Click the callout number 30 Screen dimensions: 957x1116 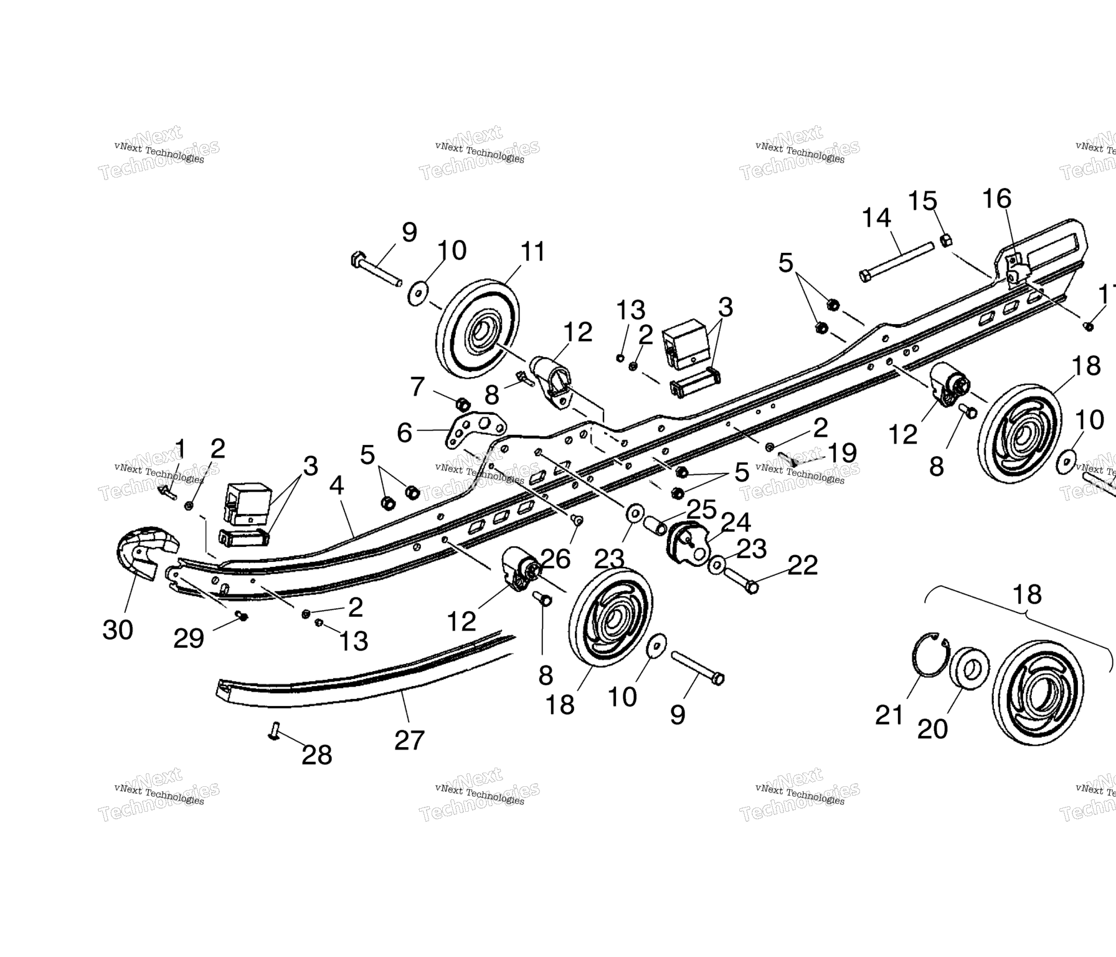coord(118,630)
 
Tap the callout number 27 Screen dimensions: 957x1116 coord(409,740)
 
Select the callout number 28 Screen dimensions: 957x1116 coord(316,755)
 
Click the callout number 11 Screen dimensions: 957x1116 coord(532,252)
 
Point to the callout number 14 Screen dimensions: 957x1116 coord(876,218)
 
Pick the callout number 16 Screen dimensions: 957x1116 coord(996,199)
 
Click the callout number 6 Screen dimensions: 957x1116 coord(405,432)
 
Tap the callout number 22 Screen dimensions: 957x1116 coord(802,565)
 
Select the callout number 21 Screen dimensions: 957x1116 coord(889,715)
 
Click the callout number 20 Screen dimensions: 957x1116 coord(932,728)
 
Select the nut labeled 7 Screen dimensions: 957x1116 coord(463,404)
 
